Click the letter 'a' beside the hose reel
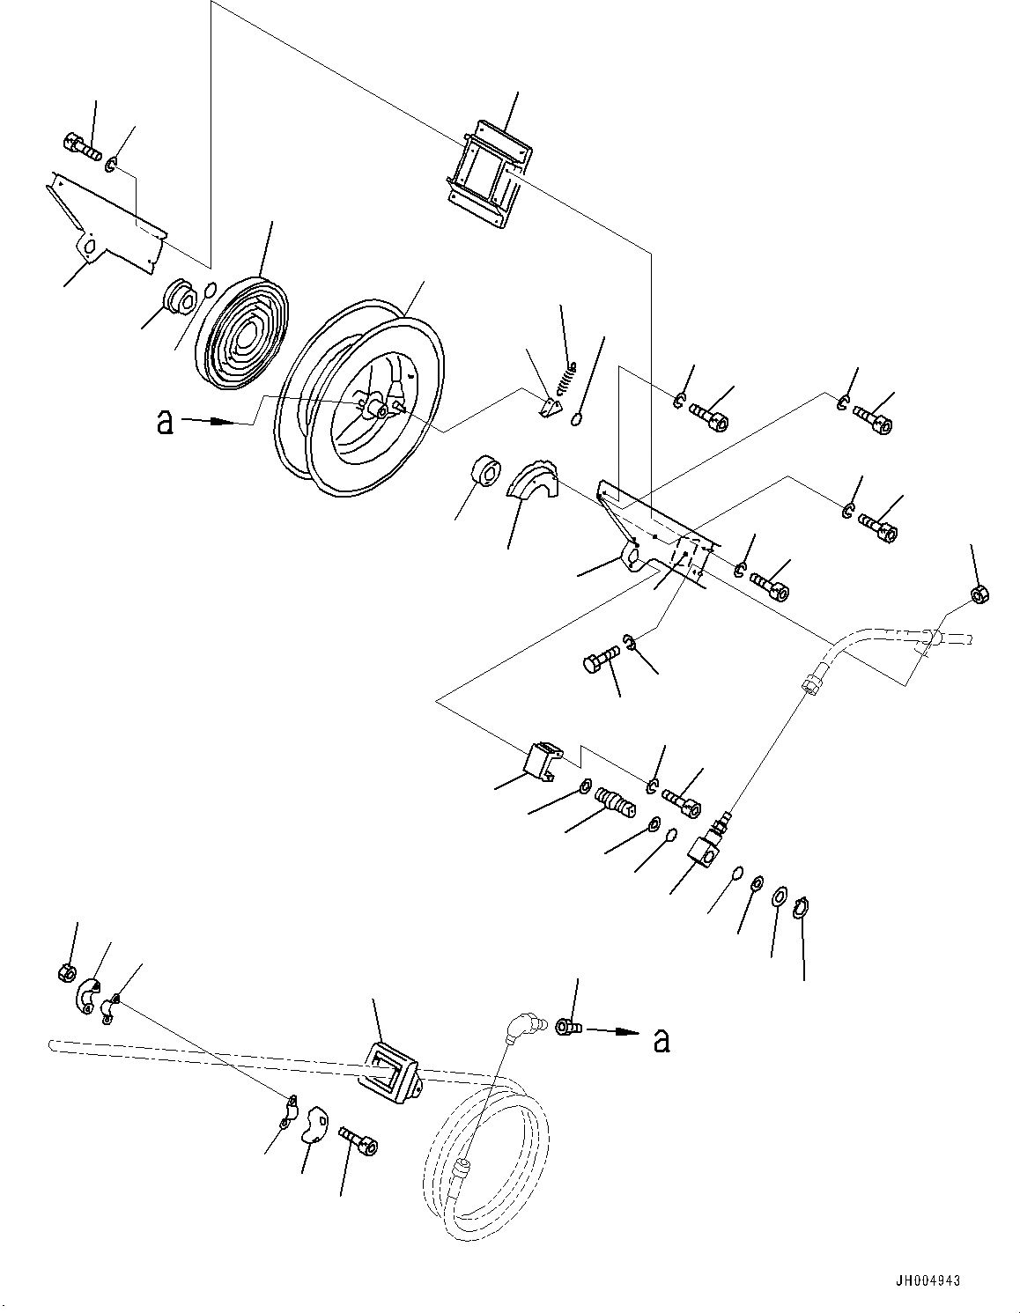164,423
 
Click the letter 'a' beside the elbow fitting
662,1041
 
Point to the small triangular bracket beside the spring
549,406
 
